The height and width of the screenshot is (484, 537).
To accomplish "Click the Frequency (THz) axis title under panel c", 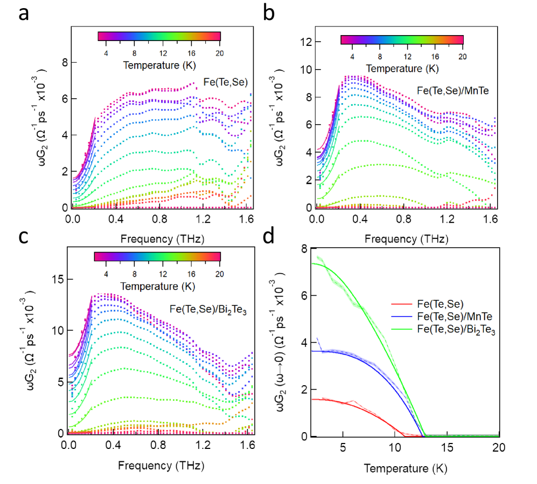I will [161, 464].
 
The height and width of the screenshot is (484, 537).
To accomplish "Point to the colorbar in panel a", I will [159, 36].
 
